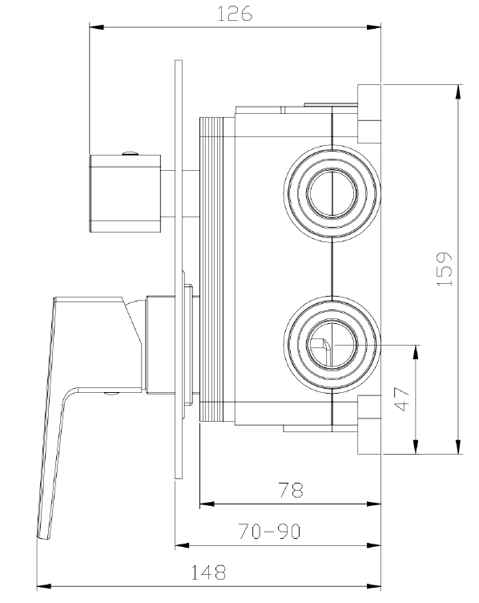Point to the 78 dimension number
coord(289,491)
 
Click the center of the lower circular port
coord(331,346)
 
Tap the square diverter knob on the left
coord(127,192)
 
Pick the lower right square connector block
coord(369,425)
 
